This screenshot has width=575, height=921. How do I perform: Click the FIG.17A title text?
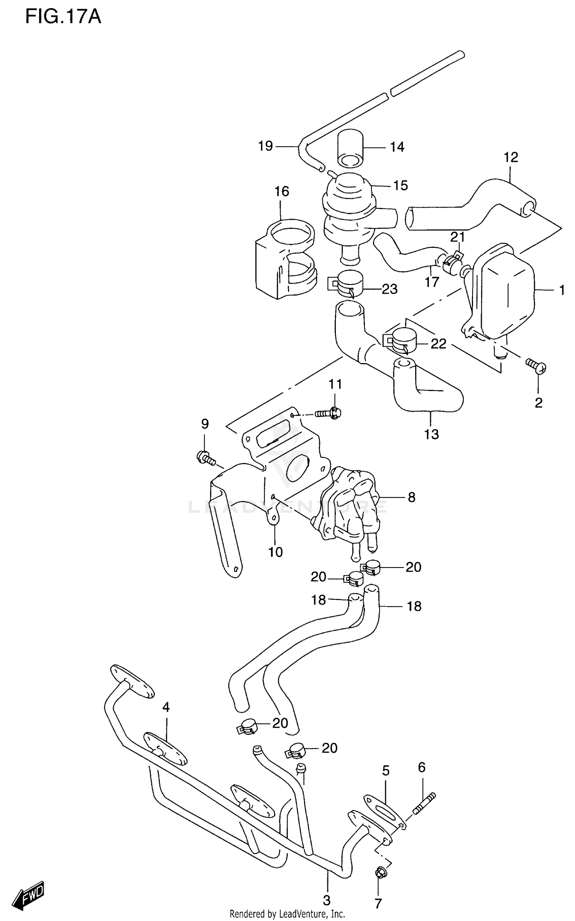[63, 17]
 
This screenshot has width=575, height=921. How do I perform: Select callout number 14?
[397, 147]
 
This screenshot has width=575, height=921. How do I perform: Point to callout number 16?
[282, 191]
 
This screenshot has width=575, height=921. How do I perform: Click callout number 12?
[511, 157]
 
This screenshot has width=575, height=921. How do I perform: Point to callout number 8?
[411, 497]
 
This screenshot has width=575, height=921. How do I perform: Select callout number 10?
[275, 552]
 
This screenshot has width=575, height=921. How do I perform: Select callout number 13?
[431, 434]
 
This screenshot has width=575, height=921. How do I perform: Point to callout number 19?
[265, 146]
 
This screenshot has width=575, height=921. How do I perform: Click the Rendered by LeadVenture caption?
[287, 914]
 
